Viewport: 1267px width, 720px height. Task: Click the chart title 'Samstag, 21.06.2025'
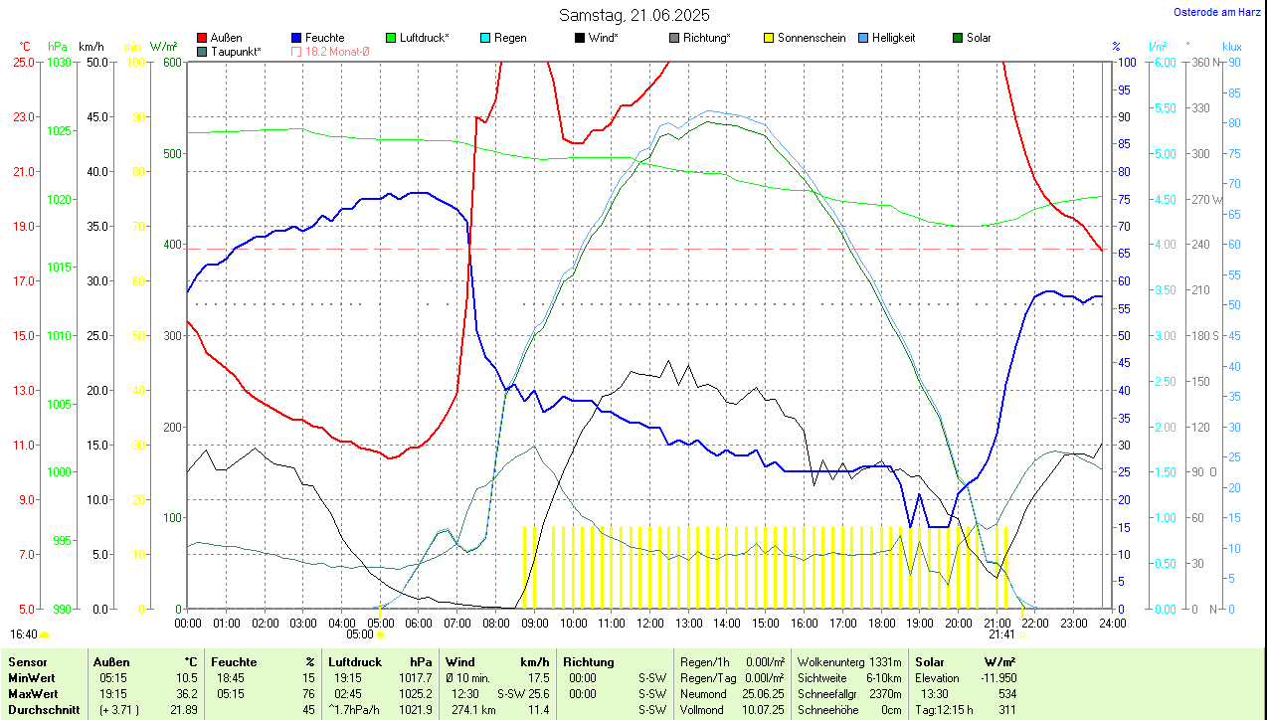(633, 15)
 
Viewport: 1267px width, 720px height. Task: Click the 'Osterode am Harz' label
(1218, 12)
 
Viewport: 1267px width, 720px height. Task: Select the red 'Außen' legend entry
(226, 38)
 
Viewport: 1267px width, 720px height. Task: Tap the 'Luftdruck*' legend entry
(424, 38)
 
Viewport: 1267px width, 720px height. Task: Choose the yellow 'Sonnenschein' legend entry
(812, 38)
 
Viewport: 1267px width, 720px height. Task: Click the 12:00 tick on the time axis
(650, 623)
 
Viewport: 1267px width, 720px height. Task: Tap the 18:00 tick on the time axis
(881, 623)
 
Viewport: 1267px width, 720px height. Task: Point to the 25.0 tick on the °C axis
(23, 62)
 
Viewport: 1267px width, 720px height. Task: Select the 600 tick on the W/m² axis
(172, 62)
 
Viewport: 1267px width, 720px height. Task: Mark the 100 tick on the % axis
(1127, 62)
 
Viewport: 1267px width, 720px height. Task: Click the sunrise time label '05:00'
(359, 633)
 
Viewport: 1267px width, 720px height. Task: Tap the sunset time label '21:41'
(1001, 633)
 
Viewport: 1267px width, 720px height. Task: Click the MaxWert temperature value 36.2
(186, 693)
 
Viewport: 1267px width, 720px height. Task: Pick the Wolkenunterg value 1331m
(884, 661)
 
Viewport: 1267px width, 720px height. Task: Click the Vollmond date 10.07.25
(762, 709)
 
